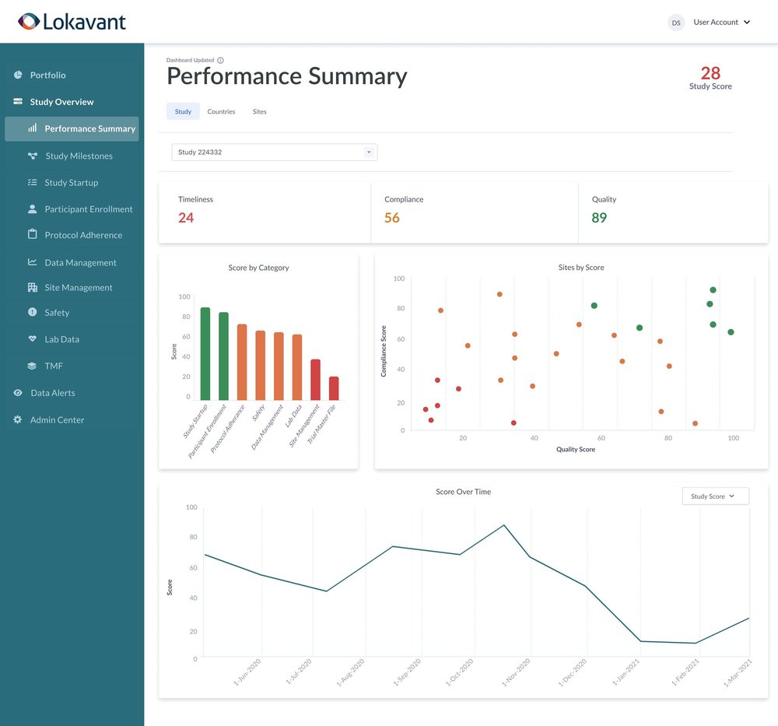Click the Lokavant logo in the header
click(x=72, y=22)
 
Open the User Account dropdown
click(x=721, y=23)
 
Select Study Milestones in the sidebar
click(x=79, y=156)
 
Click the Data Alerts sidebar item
click(x=52, y=393)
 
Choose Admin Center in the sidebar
click(x=57, y=419)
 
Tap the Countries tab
click(x=221, y=111)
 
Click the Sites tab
click(x=259, y=111)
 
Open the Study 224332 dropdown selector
click(x=274, y=153)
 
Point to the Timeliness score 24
click(x=186, y=218)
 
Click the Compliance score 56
click(x=392, y=218)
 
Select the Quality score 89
click(x=599, y=218)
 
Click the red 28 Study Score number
click(x=710, y=73)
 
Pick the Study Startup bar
click(x=205, y=354)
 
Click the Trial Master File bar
click(x=334, y=388)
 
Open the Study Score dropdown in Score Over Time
click(x=715, y=496)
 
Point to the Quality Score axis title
click(x=576, y=449)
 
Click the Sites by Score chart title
click(x=581, y=268)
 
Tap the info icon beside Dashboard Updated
click(x=220, y=60)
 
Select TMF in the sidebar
click(x=54, y=366)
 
